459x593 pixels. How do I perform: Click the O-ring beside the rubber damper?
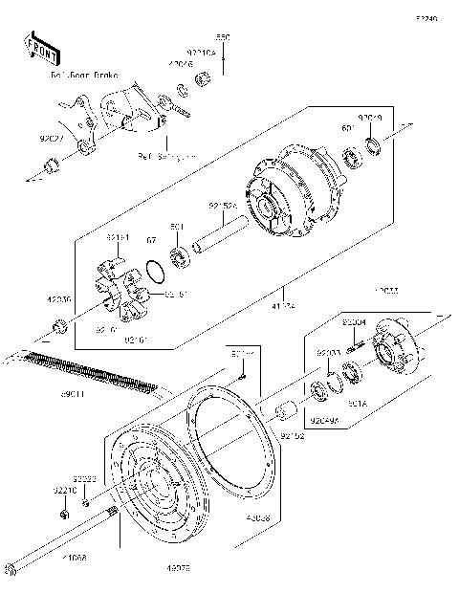(x=150, y=277)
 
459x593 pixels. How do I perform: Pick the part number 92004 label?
(x=354, y=323)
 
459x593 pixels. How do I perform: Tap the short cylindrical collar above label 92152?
(x=283, y=415)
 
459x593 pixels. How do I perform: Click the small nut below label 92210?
(x=63, y=516)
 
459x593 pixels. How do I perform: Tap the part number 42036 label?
(x=59, y=297)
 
